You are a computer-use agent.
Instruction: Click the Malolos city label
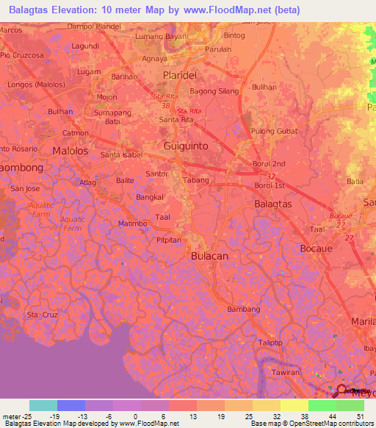pyautogui.click(x=70, y=151)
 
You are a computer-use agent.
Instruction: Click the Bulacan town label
pyautogui.click(x=209, y=255)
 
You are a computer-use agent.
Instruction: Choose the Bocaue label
pyautogui.click(x=318, y=249)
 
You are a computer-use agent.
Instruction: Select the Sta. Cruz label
pyautogui.click(x=42, y=315)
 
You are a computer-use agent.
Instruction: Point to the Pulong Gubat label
pyautogui.click(x=272, y=131)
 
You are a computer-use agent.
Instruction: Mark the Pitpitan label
pyautogui.click(x=168, y=240)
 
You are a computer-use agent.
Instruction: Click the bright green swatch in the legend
pyautogui.click(x=322, y=405)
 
